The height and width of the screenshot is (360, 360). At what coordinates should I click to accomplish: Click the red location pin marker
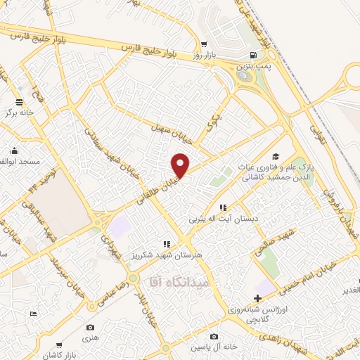coord(181,165)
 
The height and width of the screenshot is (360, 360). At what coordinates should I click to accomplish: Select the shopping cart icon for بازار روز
coord(203,43)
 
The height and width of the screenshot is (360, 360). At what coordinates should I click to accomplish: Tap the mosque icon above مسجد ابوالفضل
coord(15,150)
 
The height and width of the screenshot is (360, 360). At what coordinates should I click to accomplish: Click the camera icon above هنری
coord(90,327)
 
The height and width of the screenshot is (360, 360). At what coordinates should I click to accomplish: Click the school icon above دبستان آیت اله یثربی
coord(222,207)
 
